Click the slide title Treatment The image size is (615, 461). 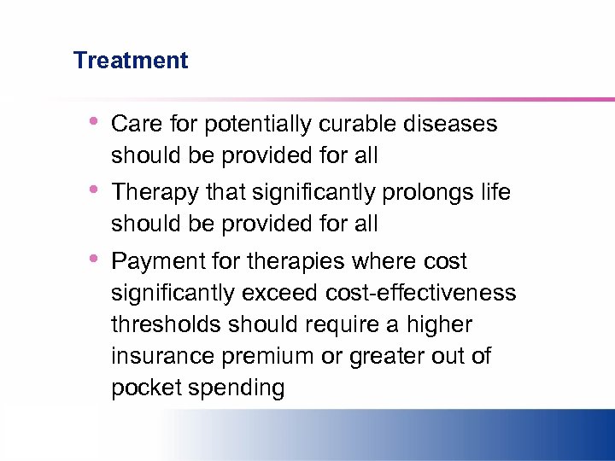pos(131,61)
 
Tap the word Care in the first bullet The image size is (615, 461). pos(136,125)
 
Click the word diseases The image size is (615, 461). pos(452,125)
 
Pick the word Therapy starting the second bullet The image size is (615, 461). pos(155,193)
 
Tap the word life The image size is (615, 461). pos(495,193)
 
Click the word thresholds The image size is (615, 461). pos(165,324)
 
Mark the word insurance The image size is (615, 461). pos(157,356)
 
